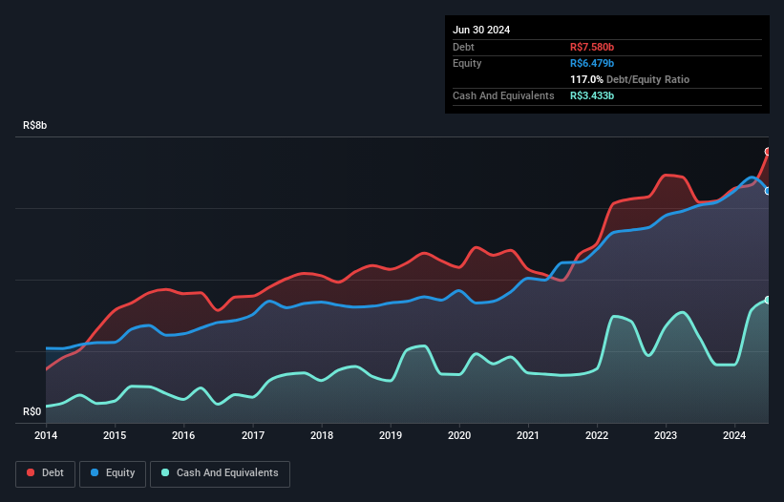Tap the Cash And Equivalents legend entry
coord(220,472)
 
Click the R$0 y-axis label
coord(32,412)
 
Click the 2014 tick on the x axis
coord(46,435)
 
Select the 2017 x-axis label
coord(253,435)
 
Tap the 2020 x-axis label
coord(460,435)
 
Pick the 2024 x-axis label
coord(735,435)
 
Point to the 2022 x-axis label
coord(598,435)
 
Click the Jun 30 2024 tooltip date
coord(481,30)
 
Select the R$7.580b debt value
coord(592,47)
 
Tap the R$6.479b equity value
coord(592,63)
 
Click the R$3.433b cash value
coord(592,95)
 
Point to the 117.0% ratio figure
coord(585,79)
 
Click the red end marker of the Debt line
coord(768,152)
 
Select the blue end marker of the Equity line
coord(768,191)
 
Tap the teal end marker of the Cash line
coord(768,301)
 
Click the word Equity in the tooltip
coord(467,63)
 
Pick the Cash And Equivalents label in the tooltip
coord(503,95)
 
